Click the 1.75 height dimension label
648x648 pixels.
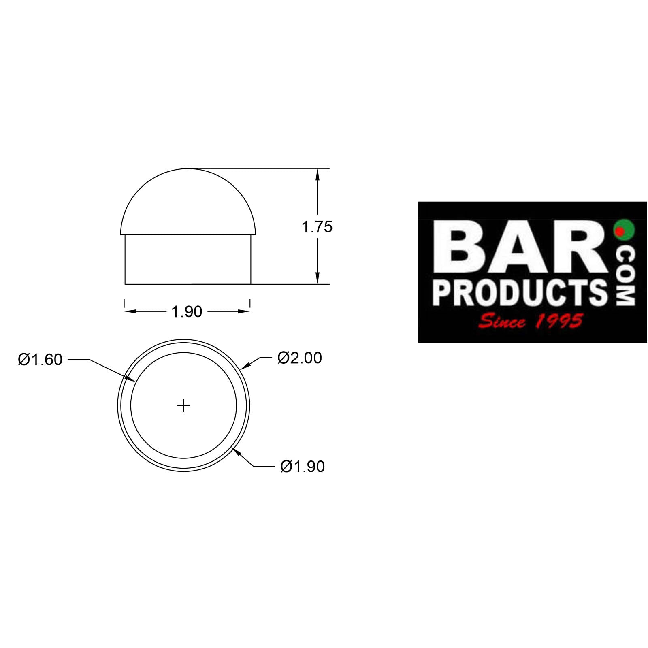(x=317, y=227)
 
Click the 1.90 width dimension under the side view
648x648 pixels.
(x=187, y=311)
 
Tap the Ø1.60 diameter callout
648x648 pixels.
(x=40, y=360)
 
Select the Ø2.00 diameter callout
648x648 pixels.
(x=300, y=358)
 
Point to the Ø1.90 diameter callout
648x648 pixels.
(x=303, y=467)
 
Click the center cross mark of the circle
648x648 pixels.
(x=184, y=405)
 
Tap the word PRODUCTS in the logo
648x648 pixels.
(x=520, y=292)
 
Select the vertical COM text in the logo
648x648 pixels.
(x=625, y=276)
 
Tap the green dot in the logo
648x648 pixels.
(x=624, y=229)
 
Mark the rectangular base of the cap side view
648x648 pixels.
(x=188, y=260)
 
